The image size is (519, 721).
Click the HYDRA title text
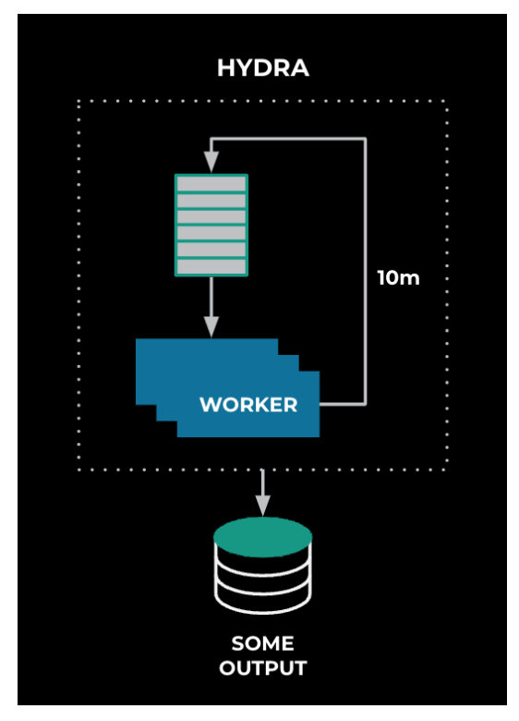(262, 68)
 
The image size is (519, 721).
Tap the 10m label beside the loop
(398, 277)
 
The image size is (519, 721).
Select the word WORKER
(248, 405)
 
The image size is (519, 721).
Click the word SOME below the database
(262, 643)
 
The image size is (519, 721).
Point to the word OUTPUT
(262, 668)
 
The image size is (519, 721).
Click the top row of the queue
(211, 184)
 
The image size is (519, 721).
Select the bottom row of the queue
(211, 267)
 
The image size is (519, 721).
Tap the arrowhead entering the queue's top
(211, 162)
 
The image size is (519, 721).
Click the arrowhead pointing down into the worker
(211, 326)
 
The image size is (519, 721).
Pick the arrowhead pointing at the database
(262, 505)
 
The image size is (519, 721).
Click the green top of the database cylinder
(262, 537)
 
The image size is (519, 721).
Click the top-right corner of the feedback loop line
(365, 139)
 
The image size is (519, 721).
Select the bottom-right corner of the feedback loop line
(365, 404)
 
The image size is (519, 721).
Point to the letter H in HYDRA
(225, 68)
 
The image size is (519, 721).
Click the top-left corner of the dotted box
(79, 101)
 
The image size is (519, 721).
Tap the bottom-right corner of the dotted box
(447, 470)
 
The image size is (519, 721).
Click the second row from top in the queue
(211, 201)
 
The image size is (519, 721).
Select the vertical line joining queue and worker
(211, 297)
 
